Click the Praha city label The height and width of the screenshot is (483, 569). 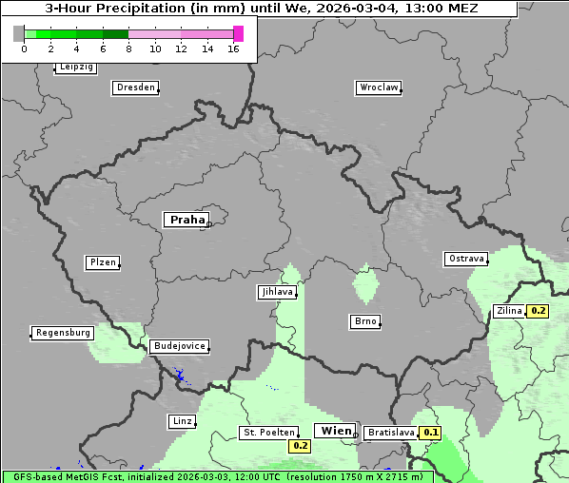(x=186, y=220)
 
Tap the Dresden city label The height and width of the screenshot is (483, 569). (x=135, y=87)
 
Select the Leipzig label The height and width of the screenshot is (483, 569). (x=76, y=68)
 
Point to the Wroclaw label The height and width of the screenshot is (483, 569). (x=378, y=87)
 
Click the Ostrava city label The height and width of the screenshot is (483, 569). (x=466, y=259)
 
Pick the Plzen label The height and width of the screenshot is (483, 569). (x=102, y=262)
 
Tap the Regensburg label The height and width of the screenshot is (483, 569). (x=63, y=333)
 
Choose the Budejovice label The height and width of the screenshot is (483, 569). (x=179, y=346)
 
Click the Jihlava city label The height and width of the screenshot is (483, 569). (x=276, y=292)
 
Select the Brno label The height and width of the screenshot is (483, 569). (x=364, y=321)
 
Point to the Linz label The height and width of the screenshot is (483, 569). (x=181, y=420)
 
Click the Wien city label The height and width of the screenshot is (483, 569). (x=335, y=431)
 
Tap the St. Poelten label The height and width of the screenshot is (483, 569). (x=268, y=433)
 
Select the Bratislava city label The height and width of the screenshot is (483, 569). (x=391, y=433)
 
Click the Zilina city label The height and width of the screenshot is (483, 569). (x=509, y=310)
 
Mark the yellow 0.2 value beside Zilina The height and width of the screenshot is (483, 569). (x=539, y=311)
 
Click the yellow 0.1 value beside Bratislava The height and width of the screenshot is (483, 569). (x=432, y=433)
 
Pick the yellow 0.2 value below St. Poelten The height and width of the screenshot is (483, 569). (x=300, y=445)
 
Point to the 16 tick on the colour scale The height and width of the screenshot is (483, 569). (x=233, y=48)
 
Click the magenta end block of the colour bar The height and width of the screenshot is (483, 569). (x=238, y=33)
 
